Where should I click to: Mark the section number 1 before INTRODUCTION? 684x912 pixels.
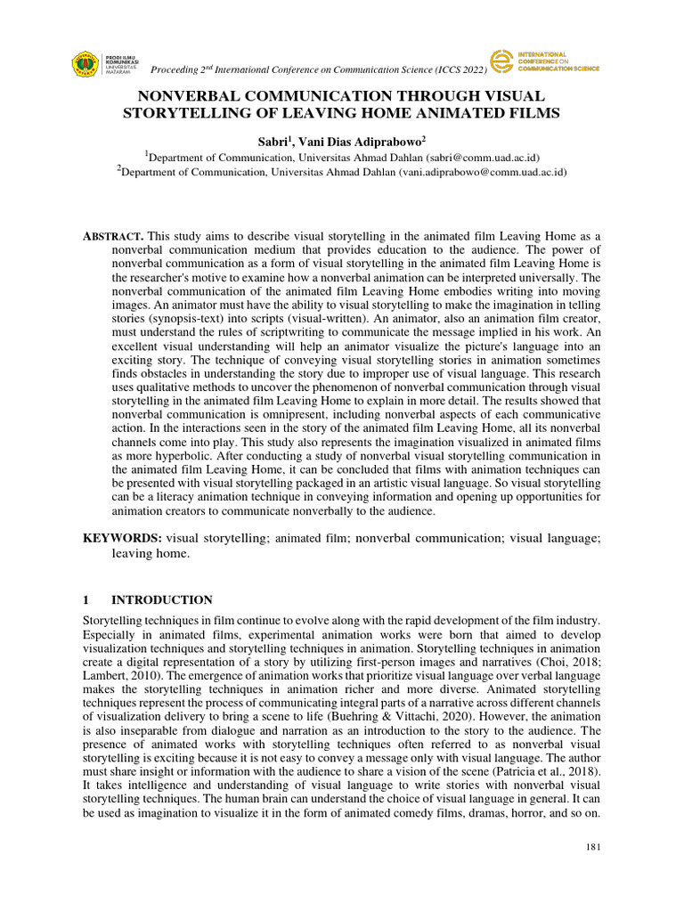coord(86,600)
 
